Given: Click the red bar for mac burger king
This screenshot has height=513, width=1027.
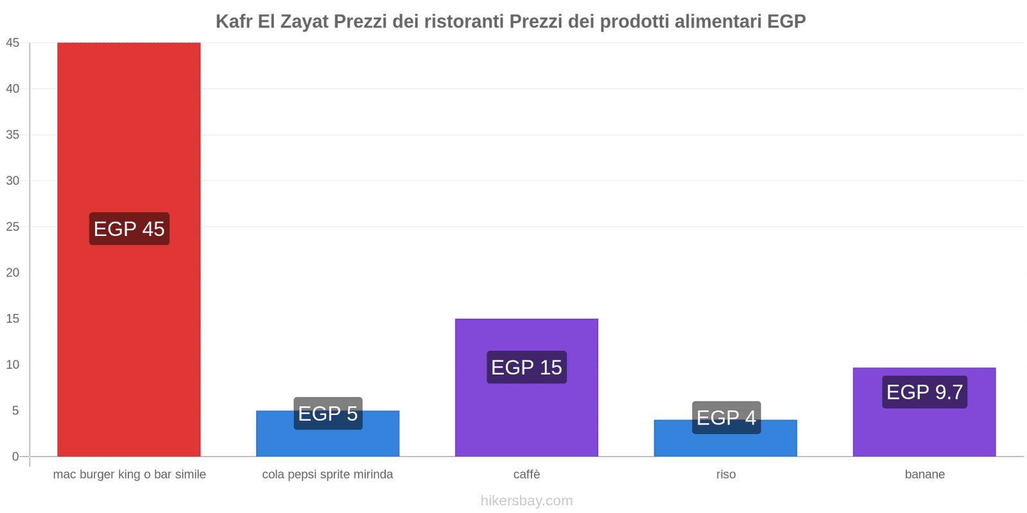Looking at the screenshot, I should [x=128, y=128].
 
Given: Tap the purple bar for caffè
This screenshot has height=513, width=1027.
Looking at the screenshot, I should [x=526, y=417].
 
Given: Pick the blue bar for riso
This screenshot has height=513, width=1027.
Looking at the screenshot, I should [x=725, y=446].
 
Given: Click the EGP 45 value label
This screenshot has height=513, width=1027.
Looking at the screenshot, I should [x=129, y=229].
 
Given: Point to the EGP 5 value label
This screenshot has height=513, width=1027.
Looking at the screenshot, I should [x=328, y=414].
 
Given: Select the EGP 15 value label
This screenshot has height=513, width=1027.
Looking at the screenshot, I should [x=526, y=367].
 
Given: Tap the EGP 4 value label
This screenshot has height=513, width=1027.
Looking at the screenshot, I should [x=726, y=417].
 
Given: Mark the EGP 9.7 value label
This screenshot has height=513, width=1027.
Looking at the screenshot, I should [x=924, y=392].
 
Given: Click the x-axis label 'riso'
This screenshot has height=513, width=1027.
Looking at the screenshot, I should [x=726, y=475].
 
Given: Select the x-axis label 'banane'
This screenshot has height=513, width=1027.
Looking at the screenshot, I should [x=924, y=475].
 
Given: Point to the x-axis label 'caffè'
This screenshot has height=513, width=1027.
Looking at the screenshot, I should [x=526, y=475].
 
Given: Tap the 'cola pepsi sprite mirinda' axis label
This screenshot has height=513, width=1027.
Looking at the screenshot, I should [x=327, y=475].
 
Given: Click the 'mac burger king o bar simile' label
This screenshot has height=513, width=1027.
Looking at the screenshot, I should [x=129, y=475].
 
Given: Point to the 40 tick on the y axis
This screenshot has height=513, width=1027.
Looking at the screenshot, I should [x=13, y=89].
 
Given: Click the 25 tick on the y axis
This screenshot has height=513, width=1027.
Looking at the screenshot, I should [x=13, y=227].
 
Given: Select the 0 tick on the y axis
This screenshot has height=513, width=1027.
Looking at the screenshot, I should [x=15, y=457].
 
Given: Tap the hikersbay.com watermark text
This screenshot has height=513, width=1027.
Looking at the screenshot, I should [x=526, y=501].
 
